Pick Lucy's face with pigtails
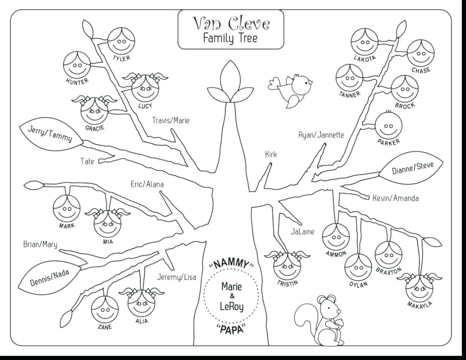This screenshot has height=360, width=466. [145, 88]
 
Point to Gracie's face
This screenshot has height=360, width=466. [94, 110]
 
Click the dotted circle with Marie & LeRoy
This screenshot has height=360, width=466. [231, 296]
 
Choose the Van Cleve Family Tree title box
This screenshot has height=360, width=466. [231, 29]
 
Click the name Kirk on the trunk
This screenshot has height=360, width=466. [271, 155]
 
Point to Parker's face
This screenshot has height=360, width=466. [388, 126]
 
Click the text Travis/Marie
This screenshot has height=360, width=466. [171, 121]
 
